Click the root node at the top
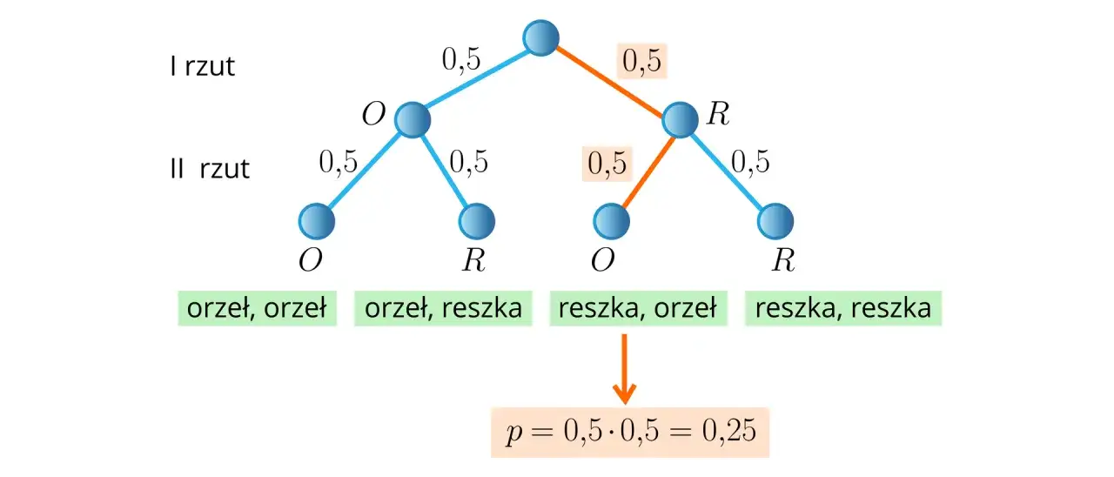pos(540,37)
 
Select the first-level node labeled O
pos(412,119)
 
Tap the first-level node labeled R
pos(680,119)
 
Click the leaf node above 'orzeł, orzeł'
pos(316,221)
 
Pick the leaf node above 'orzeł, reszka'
pos(477,221)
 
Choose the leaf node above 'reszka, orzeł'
pos(614,221)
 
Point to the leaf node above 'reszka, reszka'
pos(775,221)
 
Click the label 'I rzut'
pos(202,66)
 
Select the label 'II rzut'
pos(209,167)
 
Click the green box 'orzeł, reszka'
pos(443,307)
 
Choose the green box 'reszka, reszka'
pos(843,307)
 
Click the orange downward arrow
pos(623,369)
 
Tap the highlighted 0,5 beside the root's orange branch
pos(641,61)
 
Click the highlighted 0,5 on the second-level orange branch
pos(607,163)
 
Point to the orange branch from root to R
pos(610,78)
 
